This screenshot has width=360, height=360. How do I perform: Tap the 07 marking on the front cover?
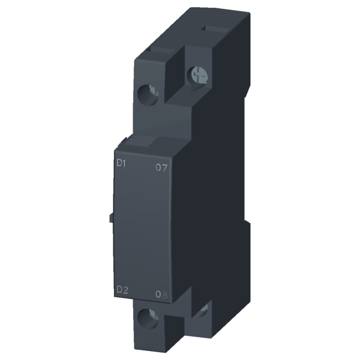pos(160,168)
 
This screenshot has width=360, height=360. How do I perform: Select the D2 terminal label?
pos(122,290)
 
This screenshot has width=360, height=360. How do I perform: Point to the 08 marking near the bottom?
pos(160,294)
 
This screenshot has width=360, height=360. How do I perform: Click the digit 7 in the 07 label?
pos(164,168)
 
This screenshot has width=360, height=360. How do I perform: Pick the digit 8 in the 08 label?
pos(164,294)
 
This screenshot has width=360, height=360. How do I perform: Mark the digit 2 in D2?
pos(126,290)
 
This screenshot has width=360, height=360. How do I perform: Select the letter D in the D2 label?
pos(119,290)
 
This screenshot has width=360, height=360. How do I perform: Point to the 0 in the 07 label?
pos(158,168)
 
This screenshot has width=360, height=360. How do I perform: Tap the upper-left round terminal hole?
pos(147,94)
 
